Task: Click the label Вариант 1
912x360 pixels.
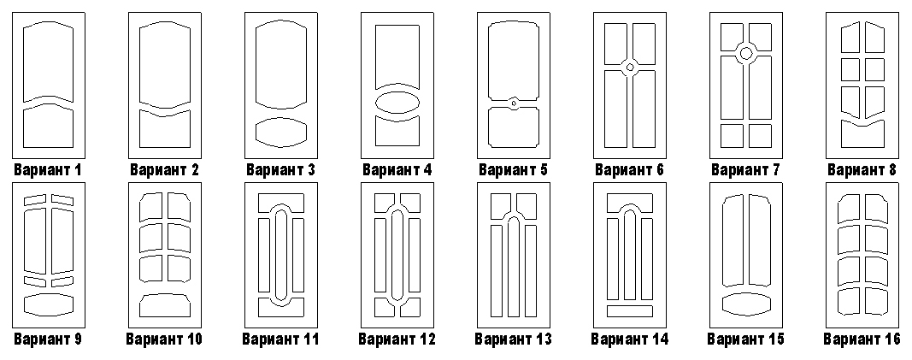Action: pos(48,170)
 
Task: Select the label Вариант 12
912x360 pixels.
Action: pos(397,339)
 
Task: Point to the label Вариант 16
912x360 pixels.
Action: pos(862,339)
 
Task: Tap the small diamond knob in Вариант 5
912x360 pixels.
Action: pos(514,103)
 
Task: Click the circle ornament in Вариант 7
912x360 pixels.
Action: pos(746,54)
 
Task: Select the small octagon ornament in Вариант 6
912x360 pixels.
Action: pos(630,68)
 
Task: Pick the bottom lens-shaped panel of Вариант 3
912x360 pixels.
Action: pos(281,132)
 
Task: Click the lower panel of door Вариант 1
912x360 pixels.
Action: pos(48,127)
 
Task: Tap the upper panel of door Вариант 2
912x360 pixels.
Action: pos(165,65)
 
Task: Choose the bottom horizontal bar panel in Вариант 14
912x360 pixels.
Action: pos(630,311)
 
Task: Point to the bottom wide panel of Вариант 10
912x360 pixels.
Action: pos(165,305)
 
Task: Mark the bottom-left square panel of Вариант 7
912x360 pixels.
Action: pos(732,135)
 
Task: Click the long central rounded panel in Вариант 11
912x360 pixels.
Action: pos(281,256)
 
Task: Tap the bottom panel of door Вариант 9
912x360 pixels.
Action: pos(48,304)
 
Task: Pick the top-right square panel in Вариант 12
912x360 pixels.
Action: pos(410,202)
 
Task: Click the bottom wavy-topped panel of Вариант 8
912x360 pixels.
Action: pos(862,134)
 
